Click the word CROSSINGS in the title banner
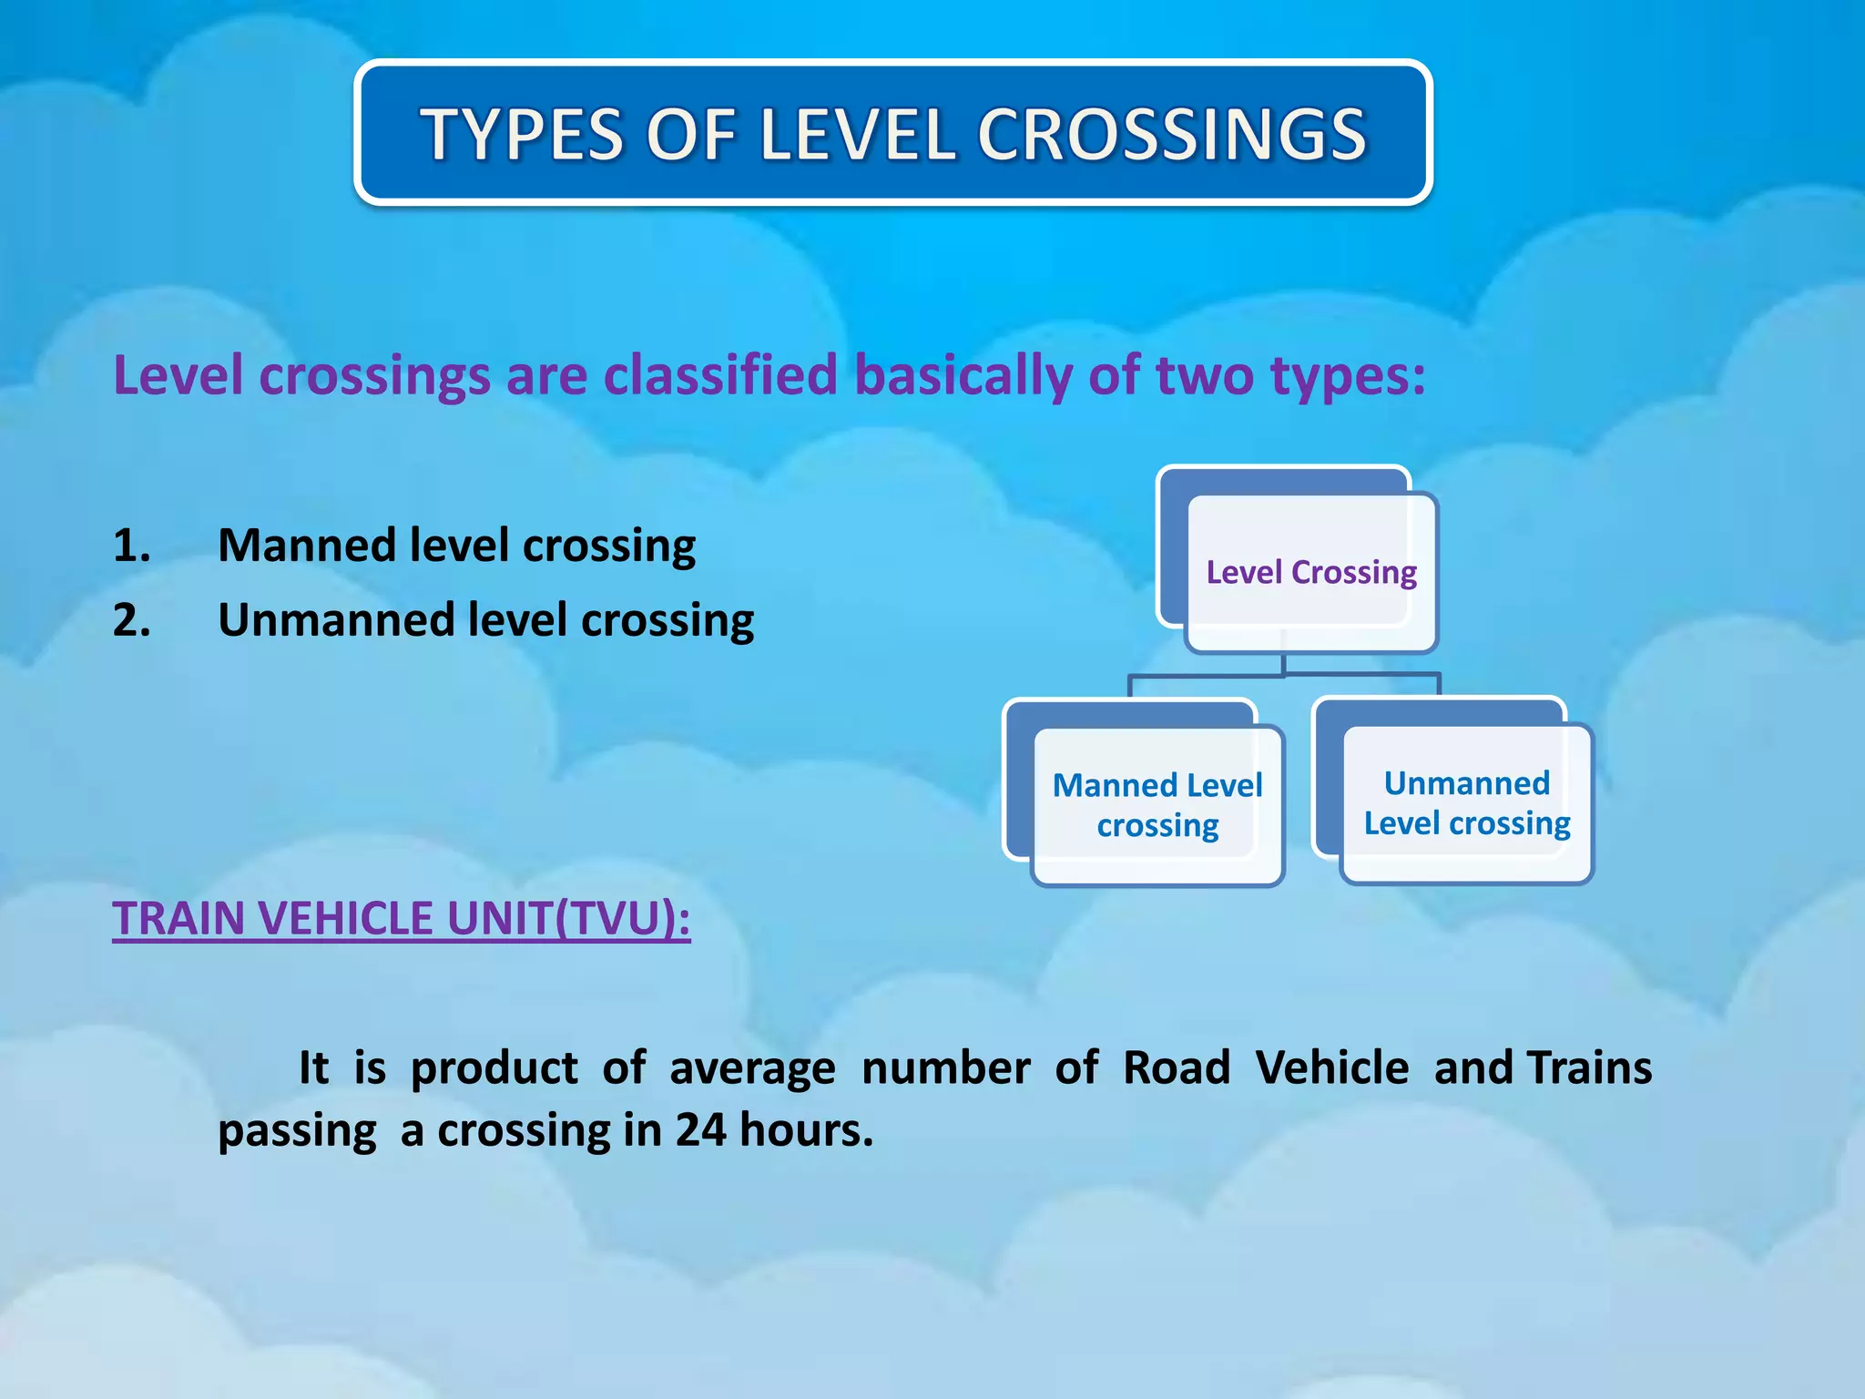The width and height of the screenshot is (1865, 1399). [x=1172, y=135]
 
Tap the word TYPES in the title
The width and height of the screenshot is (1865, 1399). [x=522, y=135]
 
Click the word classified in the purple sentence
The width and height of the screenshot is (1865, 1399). [x=719, y=375]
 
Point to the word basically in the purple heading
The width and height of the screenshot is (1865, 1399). [x=963, y=375]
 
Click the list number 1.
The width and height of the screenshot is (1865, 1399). [x=131, y=546]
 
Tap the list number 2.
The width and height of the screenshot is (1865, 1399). [x=131, y=620]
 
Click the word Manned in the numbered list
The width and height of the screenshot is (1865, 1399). [x=306, y=546]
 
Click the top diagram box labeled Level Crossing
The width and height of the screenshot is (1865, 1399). [x=1311, y=572]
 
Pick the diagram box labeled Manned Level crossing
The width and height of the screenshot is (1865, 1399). [x=1157, y=805]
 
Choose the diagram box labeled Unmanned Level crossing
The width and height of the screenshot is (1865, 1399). [x=1466, y=803]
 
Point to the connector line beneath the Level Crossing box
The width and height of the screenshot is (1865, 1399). [x=1284, y=674]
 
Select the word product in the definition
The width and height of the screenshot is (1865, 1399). [x=494, y=1068]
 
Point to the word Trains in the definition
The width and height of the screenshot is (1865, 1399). [x=1589, y=1068]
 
